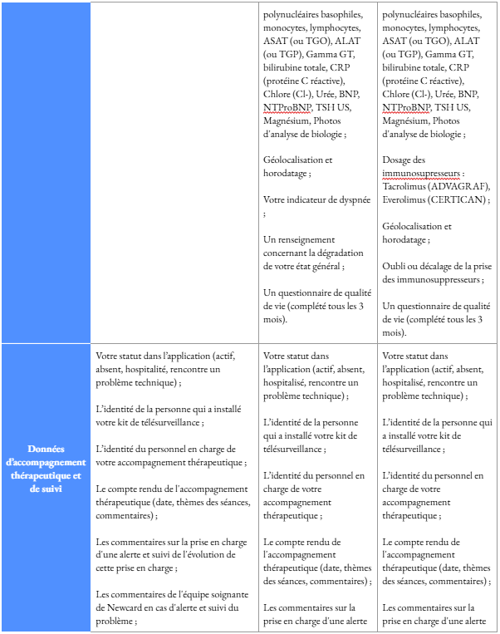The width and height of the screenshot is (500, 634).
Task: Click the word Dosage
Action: point(400,160)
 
